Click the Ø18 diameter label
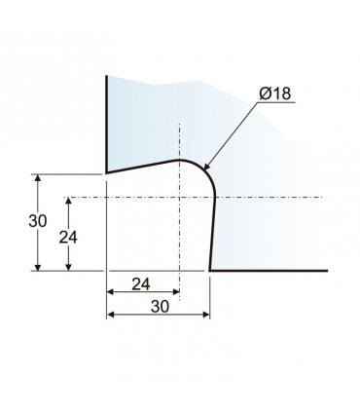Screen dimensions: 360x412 click(275, 94)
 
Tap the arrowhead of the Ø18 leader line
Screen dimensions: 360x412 click(206, 167)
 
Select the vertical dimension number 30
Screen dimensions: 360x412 click(38, 221)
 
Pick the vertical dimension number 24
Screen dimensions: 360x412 click(68, 238)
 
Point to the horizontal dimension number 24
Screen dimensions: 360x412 click(141, 284)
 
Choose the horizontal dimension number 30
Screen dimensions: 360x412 click(160, 307)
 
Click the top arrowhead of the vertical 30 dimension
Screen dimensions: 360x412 click(38, 178)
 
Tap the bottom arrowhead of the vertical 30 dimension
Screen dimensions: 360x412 click(38, 267)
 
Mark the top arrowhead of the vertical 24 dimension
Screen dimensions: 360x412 click(68, 201)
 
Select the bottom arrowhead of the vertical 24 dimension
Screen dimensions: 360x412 click(68, 267)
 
